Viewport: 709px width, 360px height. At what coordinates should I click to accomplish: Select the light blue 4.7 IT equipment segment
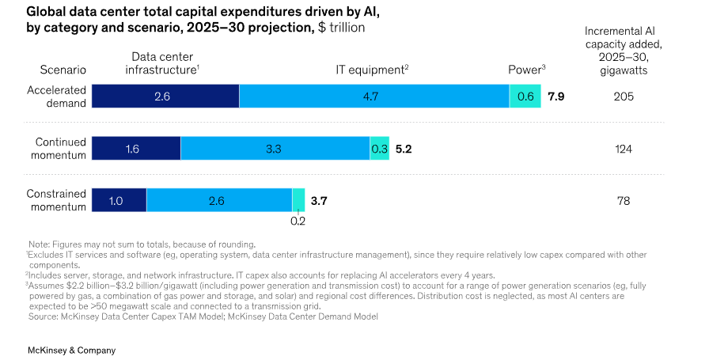tap(373, 96)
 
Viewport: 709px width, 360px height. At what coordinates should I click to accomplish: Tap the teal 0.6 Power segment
tap(525, 96)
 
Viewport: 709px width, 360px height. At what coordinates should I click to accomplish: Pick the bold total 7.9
tap(556, 97)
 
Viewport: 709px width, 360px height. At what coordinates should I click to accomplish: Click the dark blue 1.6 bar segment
tap(136, 148)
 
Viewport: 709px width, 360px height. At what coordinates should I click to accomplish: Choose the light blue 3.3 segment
tap(275, 148)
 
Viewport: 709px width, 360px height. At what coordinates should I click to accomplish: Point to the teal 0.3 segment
tap(379, 148)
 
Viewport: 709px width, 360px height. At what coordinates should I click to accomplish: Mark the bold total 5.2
tap(404, 149)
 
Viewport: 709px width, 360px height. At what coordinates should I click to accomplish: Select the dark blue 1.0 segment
tap(119, 200)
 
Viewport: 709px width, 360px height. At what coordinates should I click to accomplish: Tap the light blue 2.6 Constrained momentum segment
tap(218, 200)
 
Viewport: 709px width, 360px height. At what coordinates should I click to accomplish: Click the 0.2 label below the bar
tap(298, 222)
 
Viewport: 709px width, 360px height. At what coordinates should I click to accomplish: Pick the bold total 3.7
tap(319, 201)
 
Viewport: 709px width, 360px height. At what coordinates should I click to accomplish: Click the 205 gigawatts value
tap(624, 97)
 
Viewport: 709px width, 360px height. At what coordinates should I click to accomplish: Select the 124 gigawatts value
tap(624, 149)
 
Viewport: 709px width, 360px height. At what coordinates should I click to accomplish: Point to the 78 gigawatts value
tap(624, 201)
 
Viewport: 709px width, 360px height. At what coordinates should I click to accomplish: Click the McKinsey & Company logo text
tap(71, 350)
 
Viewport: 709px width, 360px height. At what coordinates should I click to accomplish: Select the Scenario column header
tap(63, 70)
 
